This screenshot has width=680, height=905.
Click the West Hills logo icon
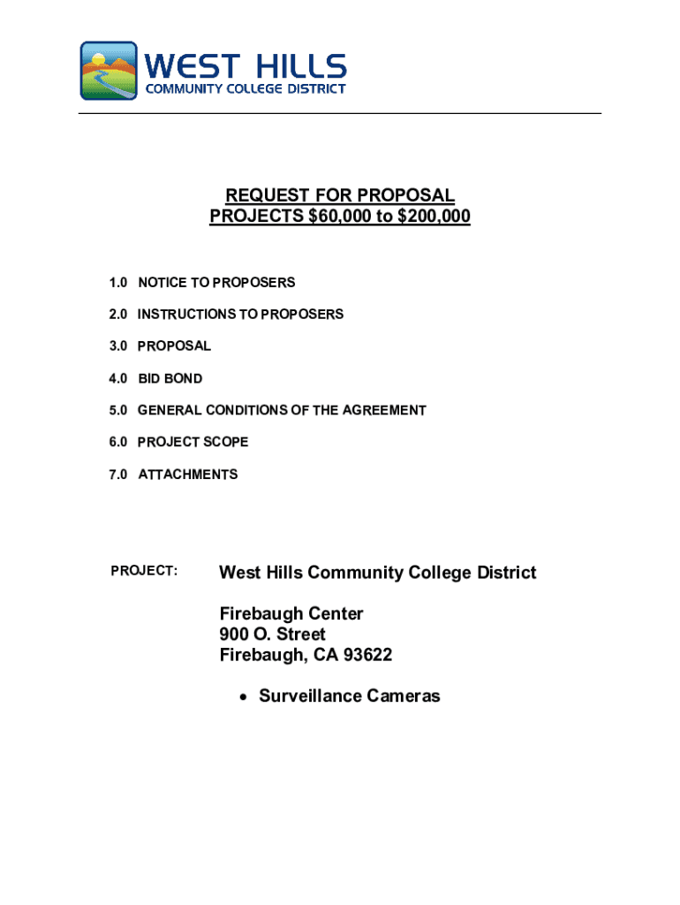(x=109, y=70)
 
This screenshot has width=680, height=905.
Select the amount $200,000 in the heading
(x=433, y=217)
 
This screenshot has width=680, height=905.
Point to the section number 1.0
(x=118, y=283)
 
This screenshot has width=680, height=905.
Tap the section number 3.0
(x=118, y=346)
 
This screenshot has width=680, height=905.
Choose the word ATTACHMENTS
(x=187, y=475)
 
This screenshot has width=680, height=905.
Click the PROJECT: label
(x=144, y=571)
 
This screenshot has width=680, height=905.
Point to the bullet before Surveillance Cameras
(x=243, y=697)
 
